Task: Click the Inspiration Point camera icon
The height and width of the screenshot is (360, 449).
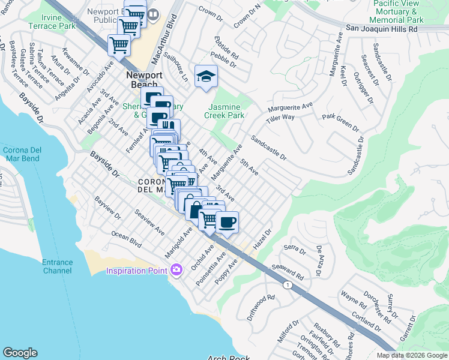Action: click(x=176, y=271)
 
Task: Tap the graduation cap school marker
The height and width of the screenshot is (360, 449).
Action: click(x=206, y=76)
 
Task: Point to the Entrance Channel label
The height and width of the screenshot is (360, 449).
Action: click(x=58, y=266)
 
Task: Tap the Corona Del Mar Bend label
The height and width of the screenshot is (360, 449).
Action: click(x=23, y=154)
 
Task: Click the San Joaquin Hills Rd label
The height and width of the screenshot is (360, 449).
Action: click(x=381, y=29)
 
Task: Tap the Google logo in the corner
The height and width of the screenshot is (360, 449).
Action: click(x=20, y=352)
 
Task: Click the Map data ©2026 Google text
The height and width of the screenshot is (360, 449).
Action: click(x=411, y=355)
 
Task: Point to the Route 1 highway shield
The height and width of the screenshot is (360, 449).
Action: click(x=289, y=285)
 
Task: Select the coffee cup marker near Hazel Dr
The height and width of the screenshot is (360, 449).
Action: click(x=227, y=223)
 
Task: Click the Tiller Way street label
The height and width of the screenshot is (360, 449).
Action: click(x=280, y=118)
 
